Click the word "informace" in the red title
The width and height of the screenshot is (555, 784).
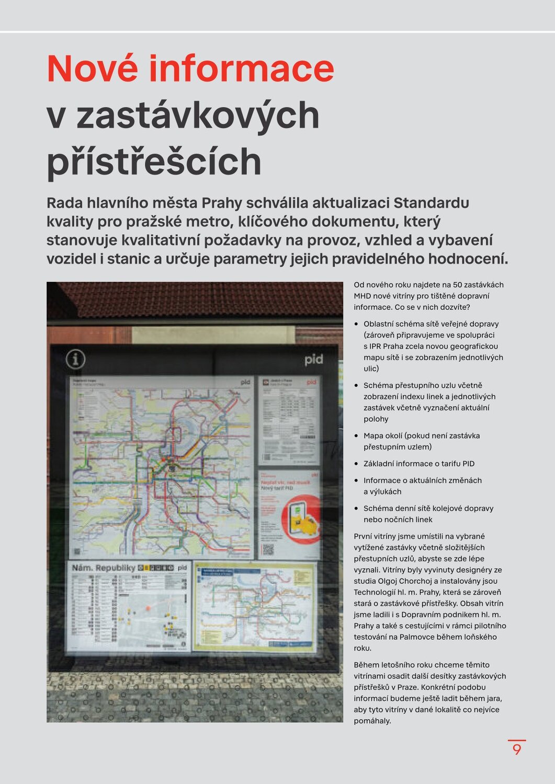pos(242,69)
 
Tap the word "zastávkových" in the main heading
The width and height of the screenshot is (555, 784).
pos(198,116)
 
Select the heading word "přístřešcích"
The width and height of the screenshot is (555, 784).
pos(154,162)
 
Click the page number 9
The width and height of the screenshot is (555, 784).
pos(517,750)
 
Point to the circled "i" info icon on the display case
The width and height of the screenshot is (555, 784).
pos(76,359)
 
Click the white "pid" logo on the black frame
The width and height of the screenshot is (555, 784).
pos(314,360)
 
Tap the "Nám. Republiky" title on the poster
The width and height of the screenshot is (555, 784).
pos(104,568)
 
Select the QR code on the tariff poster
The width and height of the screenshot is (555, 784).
pos(268,549)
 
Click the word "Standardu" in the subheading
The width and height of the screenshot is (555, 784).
pos(431,203)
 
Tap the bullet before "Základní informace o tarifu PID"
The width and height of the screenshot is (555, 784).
pos(357,464)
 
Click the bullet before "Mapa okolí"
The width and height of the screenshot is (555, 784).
pos(357,436)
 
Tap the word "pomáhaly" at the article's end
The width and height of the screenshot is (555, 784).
pos(372,721)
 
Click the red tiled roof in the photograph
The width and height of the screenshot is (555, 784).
pos(199,299)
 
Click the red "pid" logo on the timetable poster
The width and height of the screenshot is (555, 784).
pos(312,382)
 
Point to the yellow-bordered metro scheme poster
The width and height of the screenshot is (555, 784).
pos(255,606)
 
